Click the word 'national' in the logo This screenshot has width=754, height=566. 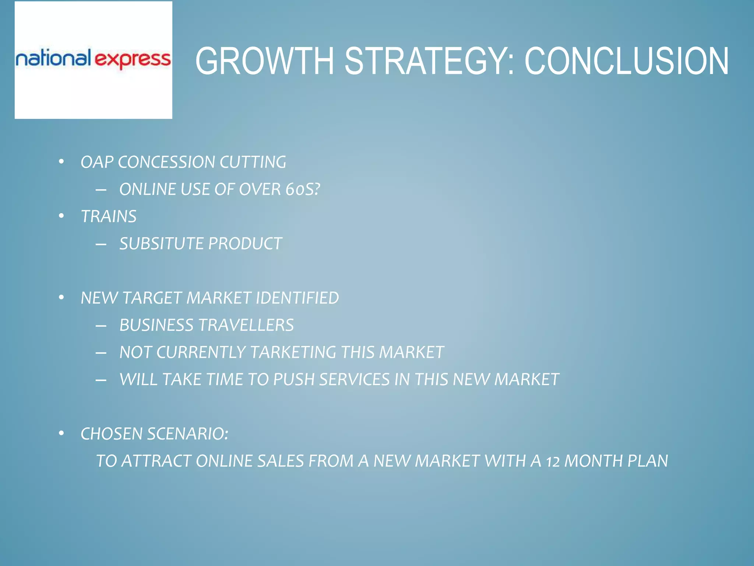coord(53,58)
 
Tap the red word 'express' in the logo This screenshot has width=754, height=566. coord(133,60)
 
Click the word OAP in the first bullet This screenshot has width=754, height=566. coord(97,162)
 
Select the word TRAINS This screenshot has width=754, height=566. coord(109,216)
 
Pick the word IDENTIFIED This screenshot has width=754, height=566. coord(297,298)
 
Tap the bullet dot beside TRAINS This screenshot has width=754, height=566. coord(61,216)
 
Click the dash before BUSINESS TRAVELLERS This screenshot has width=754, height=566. coord(101,325)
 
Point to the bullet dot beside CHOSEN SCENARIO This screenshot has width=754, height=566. coord(61,433)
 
